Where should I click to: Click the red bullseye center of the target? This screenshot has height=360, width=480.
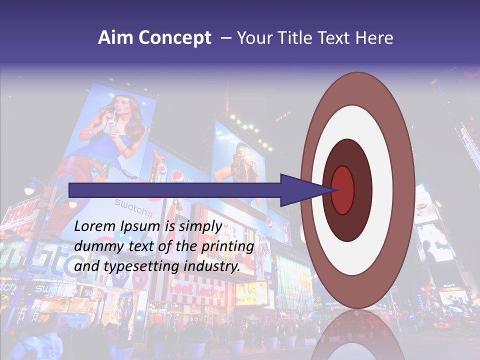[343, 190]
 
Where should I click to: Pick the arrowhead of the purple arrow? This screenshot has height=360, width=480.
[305, 190]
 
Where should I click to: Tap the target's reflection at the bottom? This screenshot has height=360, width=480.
[357, 335]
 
